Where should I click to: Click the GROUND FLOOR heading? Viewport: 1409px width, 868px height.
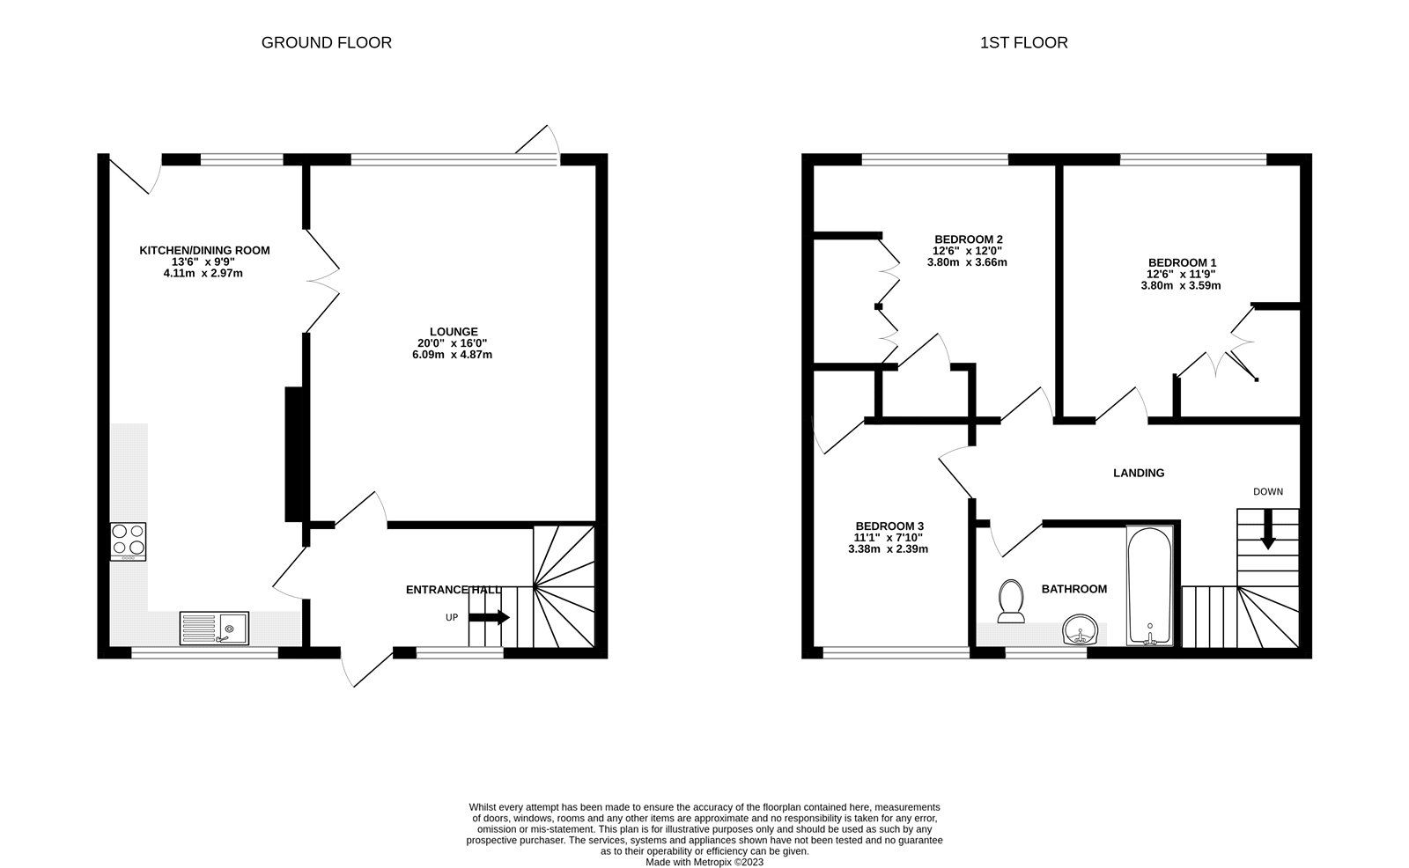click(326, 42)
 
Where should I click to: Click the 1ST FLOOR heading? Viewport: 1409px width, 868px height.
click(1023, 42)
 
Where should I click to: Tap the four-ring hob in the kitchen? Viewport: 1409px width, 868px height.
click(128, 541)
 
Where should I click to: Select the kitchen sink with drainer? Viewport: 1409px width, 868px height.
click(215, 629)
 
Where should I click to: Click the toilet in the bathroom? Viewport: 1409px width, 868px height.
click(1012, 601)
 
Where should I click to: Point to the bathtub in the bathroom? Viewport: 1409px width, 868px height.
click(1150, 585)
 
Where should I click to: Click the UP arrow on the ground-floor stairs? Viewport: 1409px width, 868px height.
click(489, 618)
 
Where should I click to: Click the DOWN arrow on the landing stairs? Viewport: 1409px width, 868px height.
click(1267, 534)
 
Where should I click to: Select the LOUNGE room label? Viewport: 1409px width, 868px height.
click(454, 332)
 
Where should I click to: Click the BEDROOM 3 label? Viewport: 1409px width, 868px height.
click(888, 526)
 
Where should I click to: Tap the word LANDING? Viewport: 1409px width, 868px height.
click(1139, 473)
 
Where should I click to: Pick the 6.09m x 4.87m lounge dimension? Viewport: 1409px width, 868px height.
click(454, 355)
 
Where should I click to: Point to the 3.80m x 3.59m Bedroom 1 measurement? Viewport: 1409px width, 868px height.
click(1181, 285)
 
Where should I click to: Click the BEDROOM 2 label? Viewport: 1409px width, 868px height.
click(968, 239)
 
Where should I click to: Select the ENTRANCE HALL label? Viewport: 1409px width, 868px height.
click(453, 589)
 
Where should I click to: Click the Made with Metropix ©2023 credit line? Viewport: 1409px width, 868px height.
click(704, 862)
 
